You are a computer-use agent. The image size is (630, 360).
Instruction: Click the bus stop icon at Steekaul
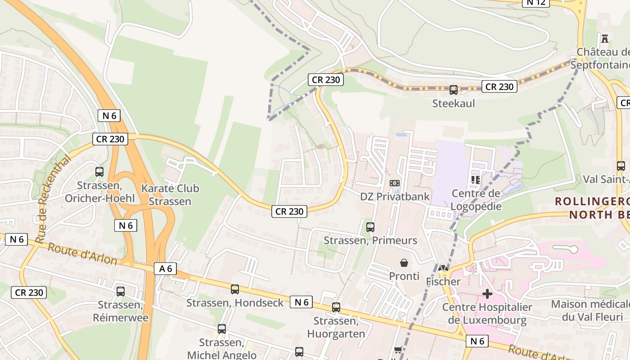(454, 90)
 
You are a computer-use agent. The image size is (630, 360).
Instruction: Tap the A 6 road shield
(166, 269)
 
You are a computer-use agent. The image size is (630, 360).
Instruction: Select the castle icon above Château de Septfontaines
(605, 39)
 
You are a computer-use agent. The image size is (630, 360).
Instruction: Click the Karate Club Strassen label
(170, 195)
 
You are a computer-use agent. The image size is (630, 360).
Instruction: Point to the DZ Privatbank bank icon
(395, 183)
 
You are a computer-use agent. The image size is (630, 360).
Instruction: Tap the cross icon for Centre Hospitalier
(487, 294)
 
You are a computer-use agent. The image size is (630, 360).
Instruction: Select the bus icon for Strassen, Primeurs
(370, 227)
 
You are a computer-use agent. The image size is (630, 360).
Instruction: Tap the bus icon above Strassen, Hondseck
(235, 289)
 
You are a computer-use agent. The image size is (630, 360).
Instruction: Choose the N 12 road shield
(536, 2)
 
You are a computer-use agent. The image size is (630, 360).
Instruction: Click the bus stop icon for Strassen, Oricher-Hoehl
(99, 172)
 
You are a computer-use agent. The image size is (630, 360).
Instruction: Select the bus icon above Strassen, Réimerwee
(121, 292)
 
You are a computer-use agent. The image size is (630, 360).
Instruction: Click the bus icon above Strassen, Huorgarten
(336, 307)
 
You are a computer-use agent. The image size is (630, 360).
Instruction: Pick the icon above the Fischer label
(443, 268)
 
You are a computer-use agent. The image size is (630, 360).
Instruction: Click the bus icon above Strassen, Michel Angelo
(222, 329)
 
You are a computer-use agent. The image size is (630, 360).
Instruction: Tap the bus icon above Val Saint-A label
(621, 166)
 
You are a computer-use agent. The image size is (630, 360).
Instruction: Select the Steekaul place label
(454, 103)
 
